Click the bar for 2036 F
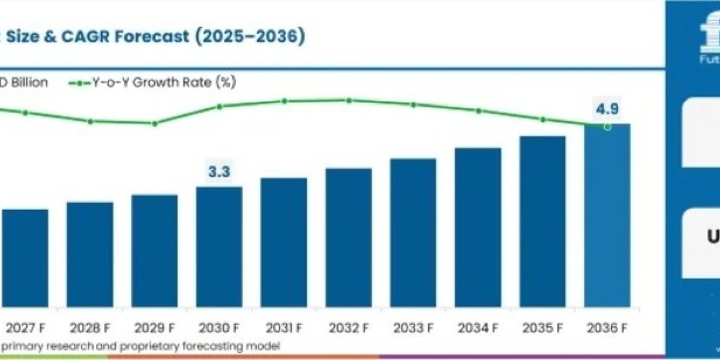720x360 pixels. (x=607, y=216)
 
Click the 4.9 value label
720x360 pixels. (x=607, y=109)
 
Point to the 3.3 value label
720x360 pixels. (x=219, y=172)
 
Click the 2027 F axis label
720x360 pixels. (x=25, y=328)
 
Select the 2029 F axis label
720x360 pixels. (x=154, y=328)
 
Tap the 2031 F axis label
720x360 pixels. (x=284, y=328)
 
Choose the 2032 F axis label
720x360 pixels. (x=349, y=328)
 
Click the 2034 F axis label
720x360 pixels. (x=478, y=328)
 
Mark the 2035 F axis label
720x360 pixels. (x=543, y=328)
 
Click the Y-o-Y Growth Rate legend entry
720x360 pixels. (x=150, y=83)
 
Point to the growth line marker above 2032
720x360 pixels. (x=349, y=100)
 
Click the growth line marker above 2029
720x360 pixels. (x=155, y=124)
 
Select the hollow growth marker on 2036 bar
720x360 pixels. (x=607, y=127)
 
